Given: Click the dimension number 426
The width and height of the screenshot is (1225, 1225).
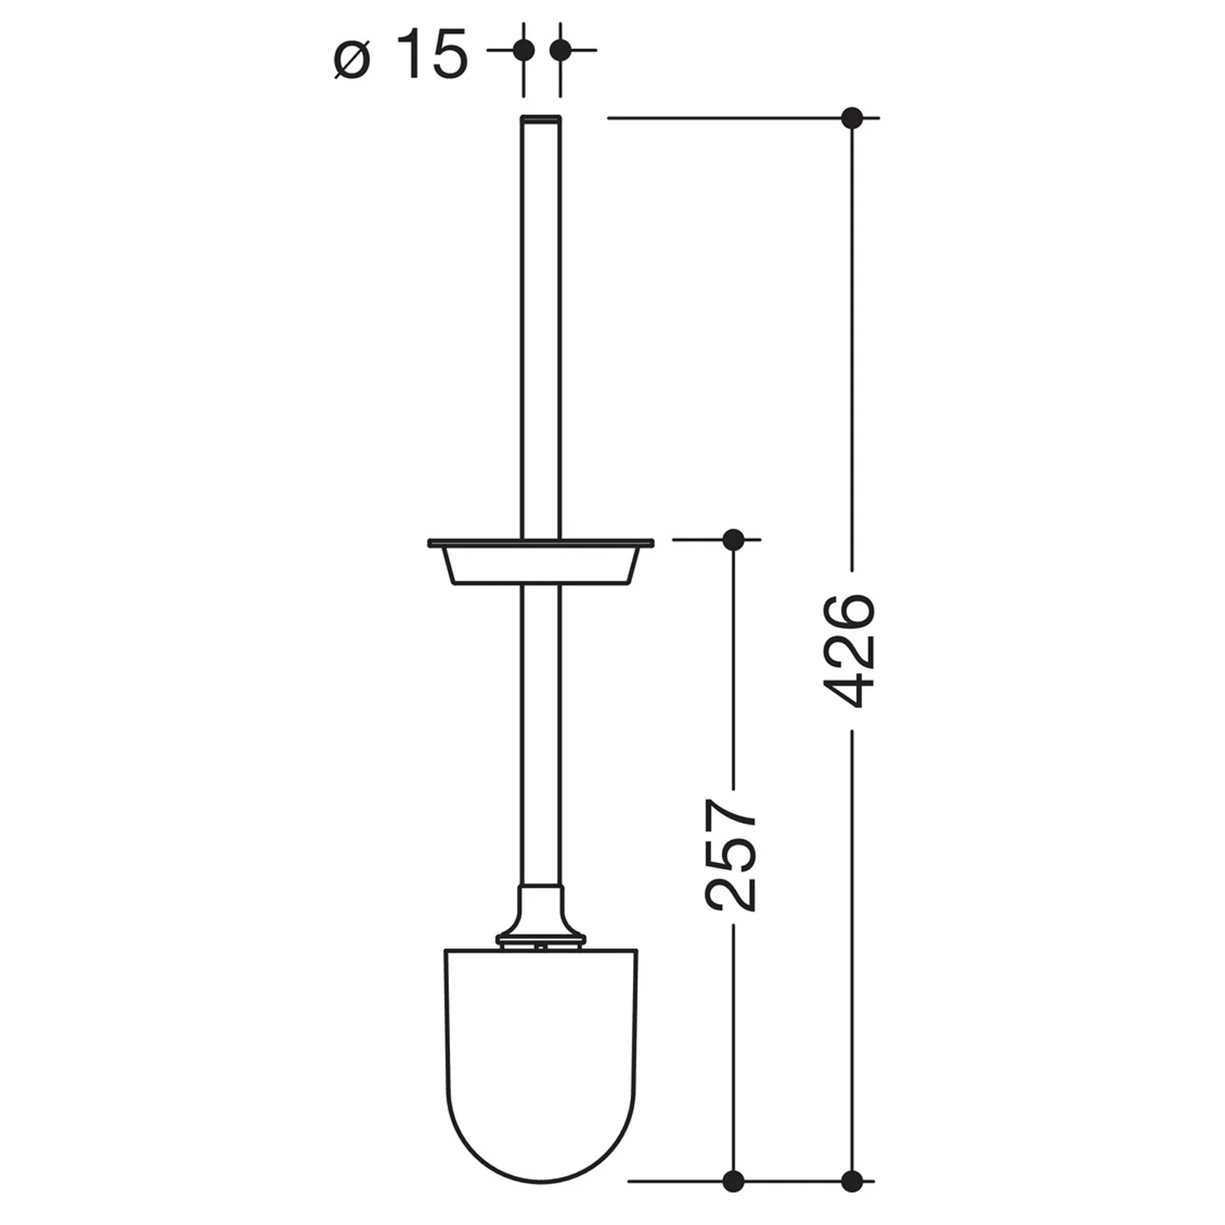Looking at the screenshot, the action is click(850, 651).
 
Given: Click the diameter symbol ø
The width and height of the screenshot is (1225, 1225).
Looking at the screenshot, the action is click(353, 60).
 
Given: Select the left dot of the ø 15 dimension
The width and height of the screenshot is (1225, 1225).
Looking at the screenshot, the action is click(523, 51).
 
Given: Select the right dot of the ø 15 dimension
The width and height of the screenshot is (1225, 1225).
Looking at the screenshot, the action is click(559, 51).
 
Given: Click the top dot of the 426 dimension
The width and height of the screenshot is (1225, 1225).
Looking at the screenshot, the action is click(852, 118).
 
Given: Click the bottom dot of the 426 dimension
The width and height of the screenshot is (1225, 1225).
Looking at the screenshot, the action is click(852, 1179).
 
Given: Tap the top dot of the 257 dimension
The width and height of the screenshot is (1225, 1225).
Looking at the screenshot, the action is click(733, 539).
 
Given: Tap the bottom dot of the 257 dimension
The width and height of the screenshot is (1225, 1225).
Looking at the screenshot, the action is click(733, 1179).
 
